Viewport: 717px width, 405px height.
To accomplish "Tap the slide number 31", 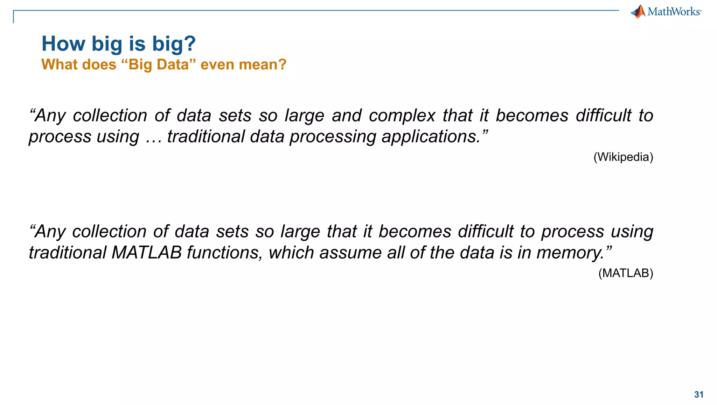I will pyautogui.click(x=699, y=394).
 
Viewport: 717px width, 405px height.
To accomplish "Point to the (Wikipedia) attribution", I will pyautogui.click(x=623, y=157).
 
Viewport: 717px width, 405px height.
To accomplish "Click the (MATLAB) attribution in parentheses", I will pyautogui.click(x=626, y=273).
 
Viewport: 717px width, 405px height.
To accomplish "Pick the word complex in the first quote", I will pyautogui.click(x=402, y=116).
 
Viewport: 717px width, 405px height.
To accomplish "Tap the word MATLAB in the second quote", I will pyautogui.click(x=147, y=253).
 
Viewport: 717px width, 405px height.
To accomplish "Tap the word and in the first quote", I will pyautogui.click(x=347, y=116).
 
